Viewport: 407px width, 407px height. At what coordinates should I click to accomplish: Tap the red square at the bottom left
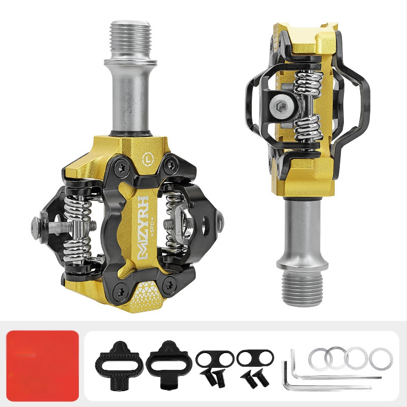tap(43, 366)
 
